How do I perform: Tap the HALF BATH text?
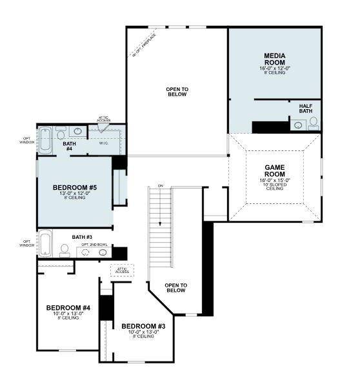306,109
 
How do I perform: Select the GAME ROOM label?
275,171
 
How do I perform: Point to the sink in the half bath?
299,125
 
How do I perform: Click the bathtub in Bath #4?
46,139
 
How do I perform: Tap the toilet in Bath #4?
61,133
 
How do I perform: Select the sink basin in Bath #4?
77,132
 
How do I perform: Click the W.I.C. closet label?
104,143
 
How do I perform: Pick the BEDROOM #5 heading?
75,188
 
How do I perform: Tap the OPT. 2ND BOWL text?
94,245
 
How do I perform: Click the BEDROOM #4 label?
68,308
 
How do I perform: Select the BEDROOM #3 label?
143,327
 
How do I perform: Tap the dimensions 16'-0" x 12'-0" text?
275,68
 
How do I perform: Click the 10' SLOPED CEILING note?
275,187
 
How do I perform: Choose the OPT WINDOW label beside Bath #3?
27,243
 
